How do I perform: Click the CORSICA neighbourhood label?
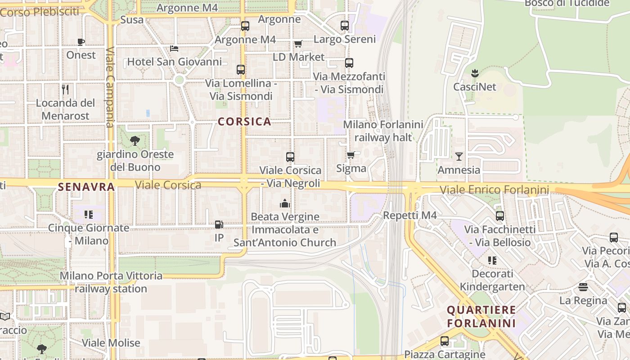point(244,121)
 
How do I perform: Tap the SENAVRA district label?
point(86,187)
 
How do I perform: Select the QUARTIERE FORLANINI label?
point(481,316)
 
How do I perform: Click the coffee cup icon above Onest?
point(81,42)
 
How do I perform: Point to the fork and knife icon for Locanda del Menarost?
point(65,89)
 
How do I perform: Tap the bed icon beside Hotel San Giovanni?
point(174,49)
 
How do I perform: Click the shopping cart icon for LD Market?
point(298,44)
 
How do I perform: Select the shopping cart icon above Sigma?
point(351,155)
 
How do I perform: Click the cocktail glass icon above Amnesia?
point(459,157)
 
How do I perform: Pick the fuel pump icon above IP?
point(219,224)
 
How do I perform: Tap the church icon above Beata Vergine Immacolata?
point(284,203)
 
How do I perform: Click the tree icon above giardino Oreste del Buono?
point(135,141)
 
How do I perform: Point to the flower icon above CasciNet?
point(474,73)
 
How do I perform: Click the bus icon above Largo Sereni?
point(345,26)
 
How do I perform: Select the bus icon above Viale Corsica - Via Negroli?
point(290,157)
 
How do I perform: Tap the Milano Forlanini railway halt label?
point(383,130)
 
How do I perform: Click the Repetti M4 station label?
point(409,216)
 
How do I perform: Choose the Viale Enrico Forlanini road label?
point(494,190)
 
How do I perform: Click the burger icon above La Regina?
point(583,287)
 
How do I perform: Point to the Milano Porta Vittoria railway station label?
point(111,282)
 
